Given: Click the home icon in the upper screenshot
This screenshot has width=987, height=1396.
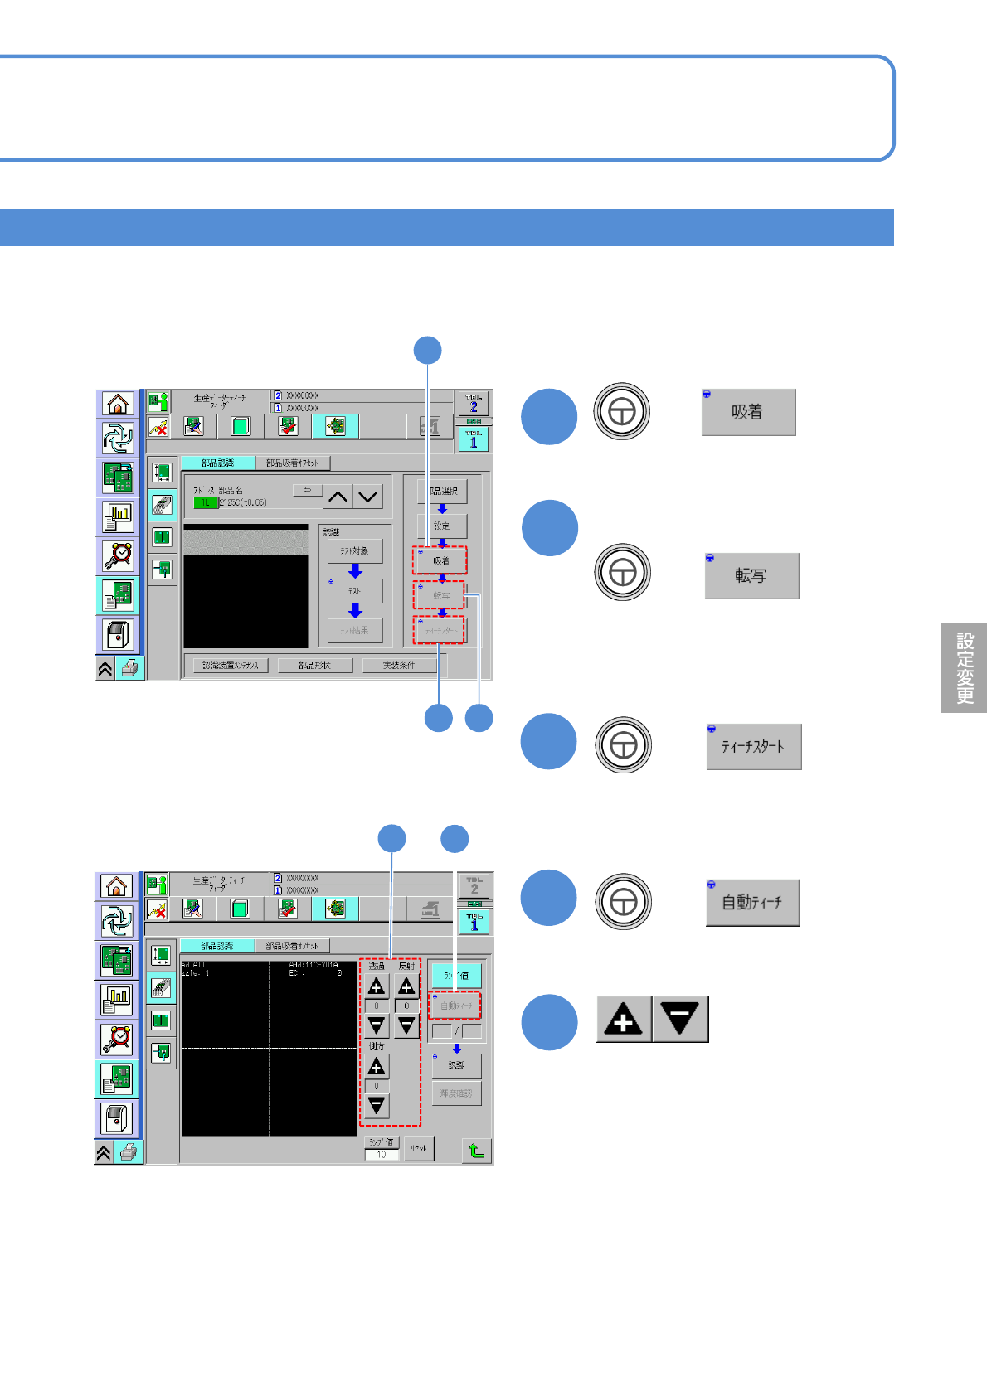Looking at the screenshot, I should point(118,404).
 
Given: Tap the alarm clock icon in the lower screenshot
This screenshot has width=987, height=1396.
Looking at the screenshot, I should point(117,1038).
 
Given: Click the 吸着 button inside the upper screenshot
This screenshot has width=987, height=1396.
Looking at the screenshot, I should point(440,560).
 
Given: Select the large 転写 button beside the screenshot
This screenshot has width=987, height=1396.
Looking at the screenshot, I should point(751,575).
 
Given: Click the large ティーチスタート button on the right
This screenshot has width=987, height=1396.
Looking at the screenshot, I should point(753,746).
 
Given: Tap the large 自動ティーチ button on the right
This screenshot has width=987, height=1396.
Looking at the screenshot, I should point(752,902).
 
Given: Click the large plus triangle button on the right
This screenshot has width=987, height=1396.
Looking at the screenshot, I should point(624,1019).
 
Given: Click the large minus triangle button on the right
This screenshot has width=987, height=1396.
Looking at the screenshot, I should point(680,1019).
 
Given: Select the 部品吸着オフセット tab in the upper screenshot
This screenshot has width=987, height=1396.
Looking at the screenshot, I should point(292,463).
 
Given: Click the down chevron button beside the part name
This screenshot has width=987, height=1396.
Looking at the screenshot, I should point(368,497).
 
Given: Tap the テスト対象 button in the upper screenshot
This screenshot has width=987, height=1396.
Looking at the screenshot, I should point(355,551).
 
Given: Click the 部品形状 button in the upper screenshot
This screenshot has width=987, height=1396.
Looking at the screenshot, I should point(315,665).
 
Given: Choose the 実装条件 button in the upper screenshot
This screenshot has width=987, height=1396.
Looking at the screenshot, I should point(399,665).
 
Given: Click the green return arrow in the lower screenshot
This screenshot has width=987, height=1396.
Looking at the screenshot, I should point(476,1150).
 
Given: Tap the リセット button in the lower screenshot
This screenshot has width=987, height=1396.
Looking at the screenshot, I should point(419,1148).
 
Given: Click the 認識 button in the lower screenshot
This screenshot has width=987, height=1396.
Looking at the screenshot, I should point(456,1065).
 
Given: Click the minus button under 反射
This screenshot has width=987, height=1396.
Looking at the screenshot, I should point(406,1025).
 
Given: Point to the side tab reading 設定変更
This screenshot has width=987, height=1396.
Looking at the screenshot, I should point(964,668).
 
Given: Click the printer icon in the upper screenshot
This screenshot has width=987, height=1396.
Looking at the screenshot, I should point(130,668).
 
